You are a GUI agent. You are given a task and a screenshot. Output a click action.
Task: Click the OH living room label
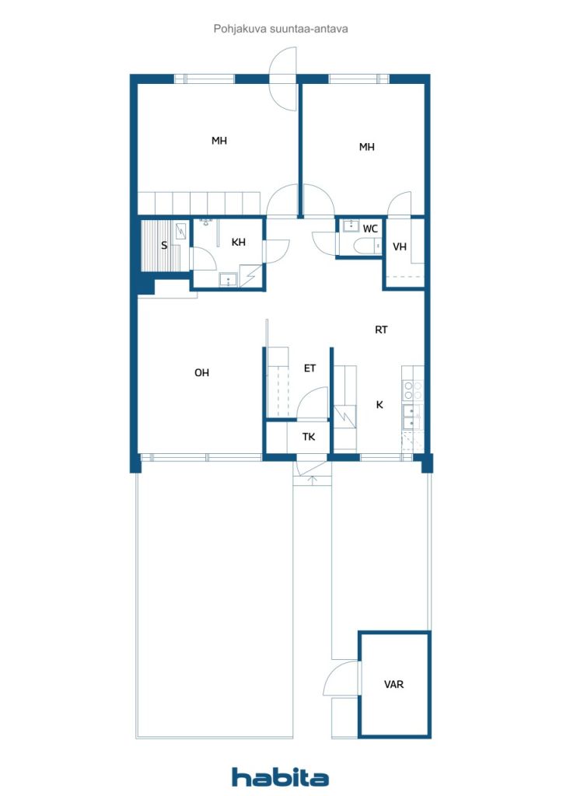(x=201, y=372)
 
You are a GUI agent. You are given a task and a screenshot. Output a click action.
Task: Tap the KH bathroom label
(x=238, y=243)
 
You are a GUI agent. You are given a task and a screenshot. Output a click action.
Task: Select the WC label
(x=370, y=229)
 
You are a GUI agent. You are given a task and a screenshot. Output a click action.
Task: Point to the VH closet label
(x=400, y=246)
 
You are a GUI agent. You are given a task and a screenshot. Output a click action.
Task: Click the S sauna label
(x=164, y=246)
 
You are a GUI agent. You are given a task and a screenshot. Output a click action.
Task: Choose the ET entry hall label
(x=309, y=368)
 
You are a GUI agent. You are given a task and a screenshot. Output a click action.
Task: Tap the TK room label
(x=309, y=437)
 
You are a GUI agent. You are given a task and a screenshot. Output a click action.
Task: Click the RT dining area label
(x=381, y=330)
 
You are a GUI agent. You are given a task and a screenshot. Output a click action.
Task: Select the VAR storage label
(x=393, y=684)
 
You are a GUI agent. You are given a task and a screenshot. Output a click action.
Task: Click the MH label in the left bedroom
(x=219, y=141)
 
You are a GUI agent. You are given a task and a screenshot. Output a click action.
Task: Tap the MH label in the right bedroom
(x=366, y=147)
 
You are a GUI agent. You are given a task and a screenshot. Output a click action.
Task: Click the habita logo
(x=280, y=777)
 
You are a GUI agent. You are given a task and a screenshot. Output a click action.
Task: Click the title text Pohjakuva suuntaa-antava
(x=281, y=29)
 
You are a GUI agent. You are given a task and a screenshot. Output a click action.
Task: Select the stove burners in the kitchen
(x=413, y=390)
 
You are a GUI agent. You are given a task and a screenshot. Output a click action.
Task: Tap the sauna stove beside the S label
(x=181, y=231)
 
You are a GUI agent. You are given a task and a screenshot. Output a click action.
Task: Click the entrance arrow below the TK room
(x=312, y=480)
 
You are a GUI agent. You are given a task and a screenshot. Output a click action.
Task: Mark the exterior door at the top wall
(x=283, y=79)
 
